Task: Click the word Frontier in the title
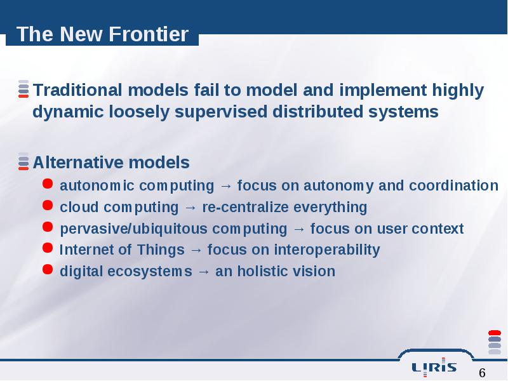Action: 149,34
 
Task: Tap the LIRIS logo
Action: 434,367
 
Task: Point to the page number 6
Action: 482,373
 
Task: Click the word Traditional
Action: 77,90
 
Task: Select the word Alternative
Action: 78,163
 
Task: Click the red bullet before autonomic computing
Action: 48,184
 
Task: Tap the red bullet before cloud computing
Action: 48,205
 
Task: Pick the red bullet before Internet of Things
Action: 48,248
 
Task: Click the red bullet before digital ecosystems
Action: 48,269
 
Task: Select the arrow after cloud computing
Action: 190,208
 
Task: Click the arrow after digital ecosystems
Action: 203,272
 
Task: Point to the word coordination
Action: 453,185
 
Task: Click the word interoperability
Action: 327,250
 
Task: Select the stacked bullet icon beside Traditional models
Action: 23,89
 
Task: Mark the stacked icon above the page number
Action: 495,342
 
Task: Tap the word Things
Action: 161,250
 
